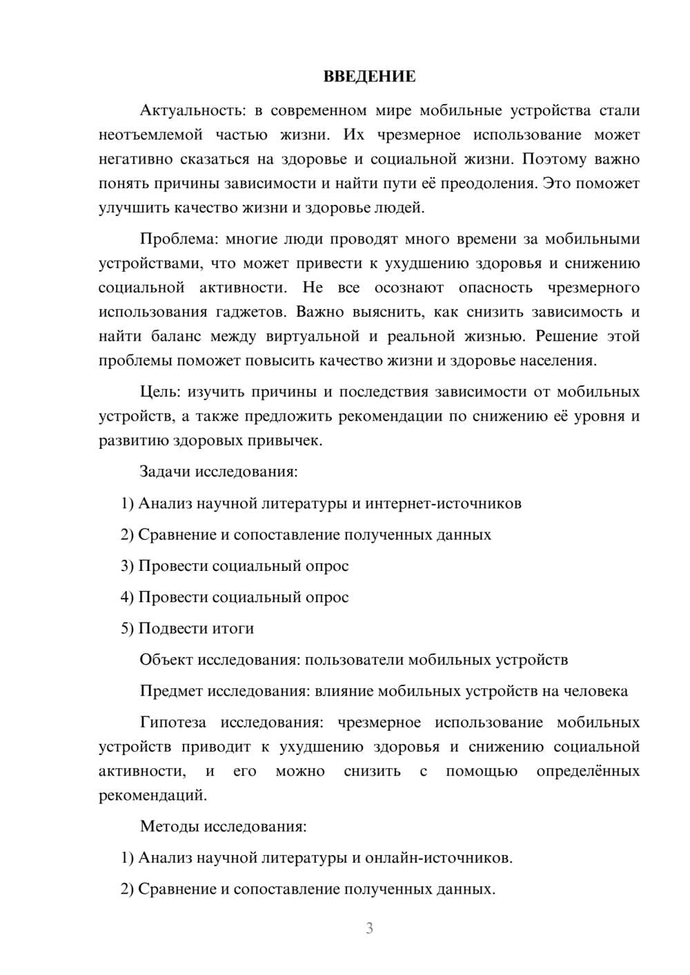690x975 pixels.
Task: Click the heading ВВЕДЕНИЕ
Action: tap(369, 77)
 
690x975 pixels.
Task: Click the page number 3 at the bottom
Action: tap(369, 928)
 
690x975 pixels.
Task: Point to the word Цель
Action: tap(159, 392)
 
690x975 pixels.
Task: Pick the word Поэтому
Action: tap(555, 159)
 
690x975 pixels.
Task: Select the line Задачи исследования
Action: tap(219, 472)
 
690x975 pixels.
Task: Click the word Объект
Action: tap(166, 660)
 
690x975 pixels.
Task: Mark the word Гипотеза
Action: tap(173, 723)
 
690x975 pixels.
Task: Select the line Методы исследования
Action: tap(223, 826)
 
